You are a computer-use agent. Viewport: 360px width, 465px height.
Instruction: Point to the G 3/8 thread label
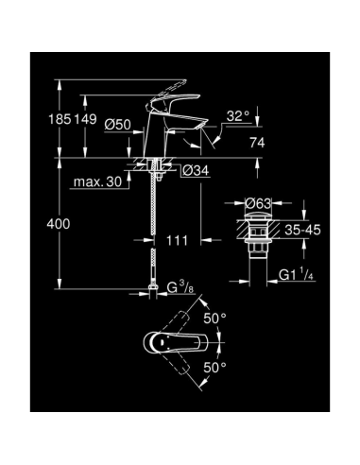(183, 286)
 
